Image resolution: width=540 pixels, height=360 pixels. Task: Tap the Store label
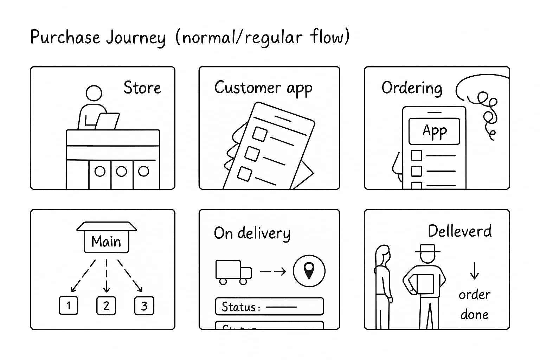click(142, 88)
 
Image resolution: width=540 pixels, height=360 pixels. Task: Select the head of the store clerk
click(94, 94)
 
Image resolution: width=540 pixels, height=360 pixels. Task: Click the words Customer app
click(263, 88)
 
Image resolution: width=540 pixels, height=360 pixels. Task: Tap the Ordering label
click(412, 88)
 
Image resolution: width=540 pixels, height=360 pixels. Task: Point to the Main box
click(107, 242)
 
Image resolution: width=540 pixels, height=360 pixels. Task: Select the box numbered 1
click(68, 306)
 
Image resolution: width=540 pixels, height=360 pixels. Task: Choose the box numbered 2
click(106, 306)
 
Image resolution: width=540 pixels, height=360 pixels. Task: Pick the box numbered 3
click(144, 306)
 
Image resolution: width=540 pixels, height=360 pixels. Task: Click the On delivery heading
click(252, 233)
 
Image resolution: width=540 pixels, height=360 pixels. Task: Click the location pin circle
click(309, 271)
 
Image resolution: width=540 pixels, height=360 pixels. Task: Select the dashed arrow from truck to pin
click(273, 271)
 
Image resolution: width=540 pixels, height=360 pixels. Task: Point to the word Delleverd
click(459, 231)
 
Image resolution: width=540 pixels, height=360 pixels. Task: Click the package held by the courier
click(425, 283)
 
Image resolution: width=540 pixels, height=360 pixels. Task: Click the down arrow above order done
click(474, 271)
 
